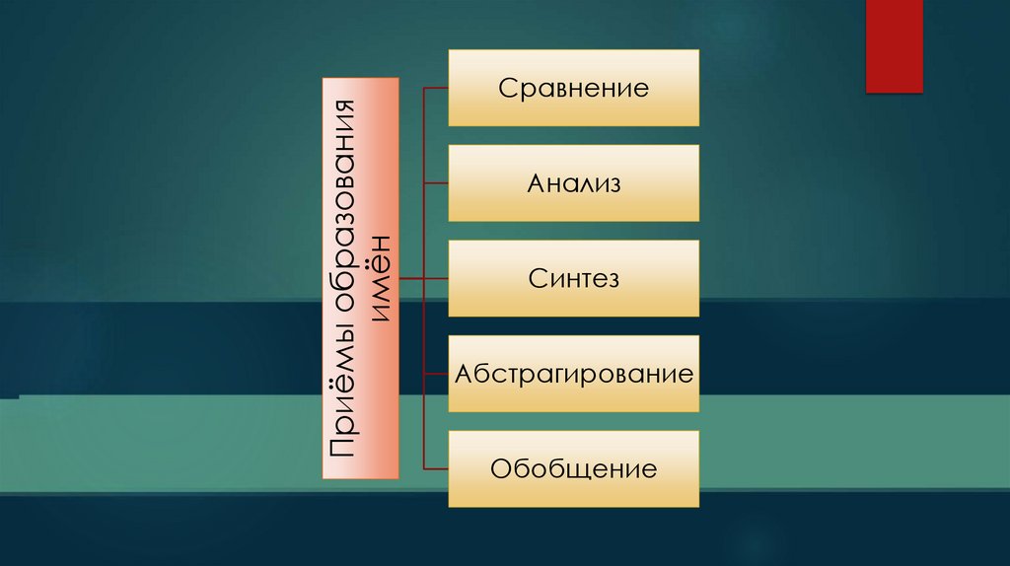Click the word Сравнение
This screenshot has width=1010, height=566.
573,89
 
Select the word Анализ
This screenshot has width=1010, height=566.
574,183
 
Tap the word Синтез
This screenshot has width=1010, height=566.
573,279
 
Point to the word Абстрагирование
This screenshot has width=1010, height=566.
574,375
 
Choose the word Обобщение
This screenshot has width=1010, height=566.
573,468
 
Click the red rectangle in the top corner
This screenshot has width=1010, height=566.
894,45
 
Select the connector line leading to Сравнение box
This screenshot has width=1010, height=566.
436,89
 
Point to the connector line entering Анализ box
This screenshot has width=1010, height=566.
436,183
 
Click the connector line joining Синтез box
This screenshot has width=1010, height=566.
424,279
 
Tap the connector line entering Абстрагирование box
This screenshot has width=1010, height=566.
436,375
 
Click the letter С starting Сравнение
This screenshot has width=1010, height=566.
506,89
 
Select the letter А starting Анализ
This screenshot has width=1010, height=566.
536,183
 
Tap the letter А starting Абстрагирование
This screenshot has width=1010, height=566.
463,375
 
